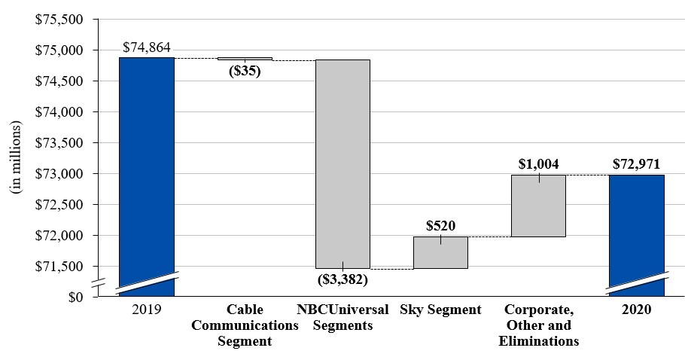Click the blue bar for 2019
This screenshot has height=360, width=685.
point(147,173)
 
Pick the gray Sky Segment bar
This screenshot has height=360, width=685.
point(440,252)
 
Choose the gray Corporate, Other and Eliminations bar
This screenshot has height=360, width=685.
point(538,206)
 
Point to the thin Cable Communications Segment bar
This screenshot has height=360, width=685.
point(245,58)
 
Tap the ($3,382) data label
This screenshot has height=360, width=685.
point(342,279)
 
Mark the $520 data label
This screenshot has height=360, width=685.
point(440,225)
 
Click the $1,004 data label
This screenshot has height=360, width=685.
point(538,163)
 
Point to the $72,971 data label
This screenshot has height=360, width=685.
point(636,163)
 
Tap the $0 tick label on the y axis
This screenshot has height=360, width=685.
point(75,297)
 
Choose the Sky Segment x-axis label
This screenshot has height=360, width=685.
point(440,310)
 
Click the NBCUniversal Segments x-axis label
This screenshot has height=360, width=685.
point(342,317)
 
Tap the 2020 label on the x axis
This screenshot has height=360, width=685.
point(636,310)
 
